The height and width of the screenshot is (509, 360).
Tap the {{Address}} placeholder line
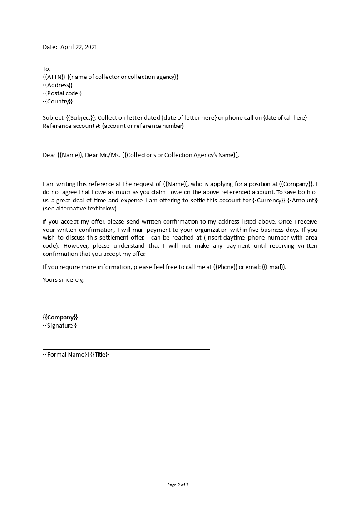coord(58,85)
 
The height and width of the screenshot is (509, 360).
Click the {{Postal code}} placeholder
coord(62,93)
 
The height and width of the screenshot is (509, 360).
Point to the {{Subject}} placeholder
coord(81,118)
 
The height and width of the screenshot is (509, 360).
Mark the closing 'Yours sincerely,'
coord(63,279)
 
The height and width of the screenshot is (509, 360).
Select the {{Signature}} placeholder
coord(59,325)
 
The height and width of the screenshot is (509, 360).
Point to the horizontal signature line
coord(126,349)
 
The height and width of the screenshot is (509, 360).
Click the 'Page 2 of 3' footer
coord(178,485)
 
